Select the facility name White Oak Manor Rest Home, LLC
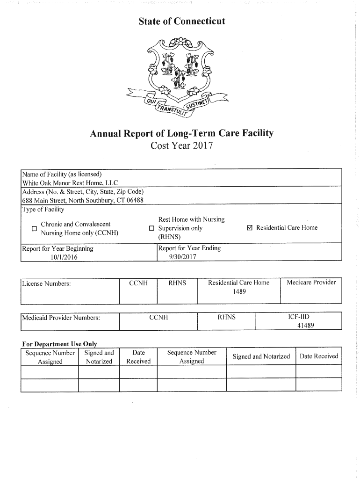coord(70,182)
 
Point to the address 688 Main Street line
coord(83,200)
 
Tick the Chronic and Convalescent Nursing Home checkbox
coord(34,229)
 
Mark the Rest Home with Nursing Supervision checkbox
coord(151,228)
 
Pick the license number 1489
coord(239,291)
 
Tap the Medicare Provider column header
coord(311,283)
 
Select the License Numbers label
coord(47,283)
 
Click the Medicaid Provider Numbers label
coord(61,318)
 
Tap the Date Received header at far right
coord(318,356)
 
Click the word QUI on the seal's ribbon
coord(152,101)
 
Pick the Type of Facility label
coord(43,209)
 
